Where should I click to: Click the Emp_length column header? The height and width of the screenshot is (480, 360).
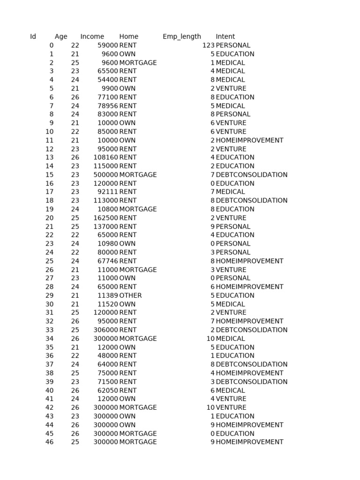[x=182, y=37]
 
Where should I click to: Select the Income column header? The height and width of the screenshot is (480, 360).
[x=92, y=37]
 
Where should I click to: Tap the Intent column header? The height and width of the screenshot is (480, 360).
[x=225, y=37]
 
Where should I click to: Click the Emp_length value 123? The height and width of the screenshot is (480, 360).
[x=208, y=45]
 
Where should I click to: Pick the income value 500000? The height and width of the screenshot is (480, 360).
[x=106, y=175]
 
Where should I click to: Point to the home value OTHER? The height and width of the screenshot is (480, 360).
[x=130, y=295]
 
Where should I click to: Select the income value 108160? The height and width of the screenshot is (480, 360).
[x=106, y=157]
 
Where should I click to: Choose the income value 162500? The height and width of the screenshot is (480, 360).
[x=106, y=218]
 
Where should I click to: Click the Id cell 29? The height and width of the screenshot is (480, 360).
[x=50, y=295]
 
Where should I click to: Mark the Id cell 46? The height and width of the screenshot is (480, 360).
[x=50, y=442]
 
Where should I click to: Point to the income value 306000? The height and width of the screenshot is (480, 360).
[x=106, y=330]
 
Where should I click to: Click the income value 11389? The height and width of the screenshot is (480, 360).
[x=108, y=295]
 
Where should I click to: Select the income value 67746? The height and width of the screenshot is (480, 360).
[x=108, y=261]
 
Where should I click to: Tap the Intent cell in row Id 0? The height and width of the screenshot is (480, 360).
[x=233, y=45]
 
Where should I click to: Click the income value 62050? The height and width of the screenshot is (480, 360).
[x=108, y=390]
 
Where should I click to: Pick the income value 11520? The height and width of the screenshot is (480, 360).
[x=108, y=304]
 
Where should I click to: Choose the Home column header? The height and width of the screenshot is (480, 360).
[x=129, y=37]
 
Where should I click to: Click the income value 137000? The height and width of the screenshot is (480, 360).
[x=106, y=226]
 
